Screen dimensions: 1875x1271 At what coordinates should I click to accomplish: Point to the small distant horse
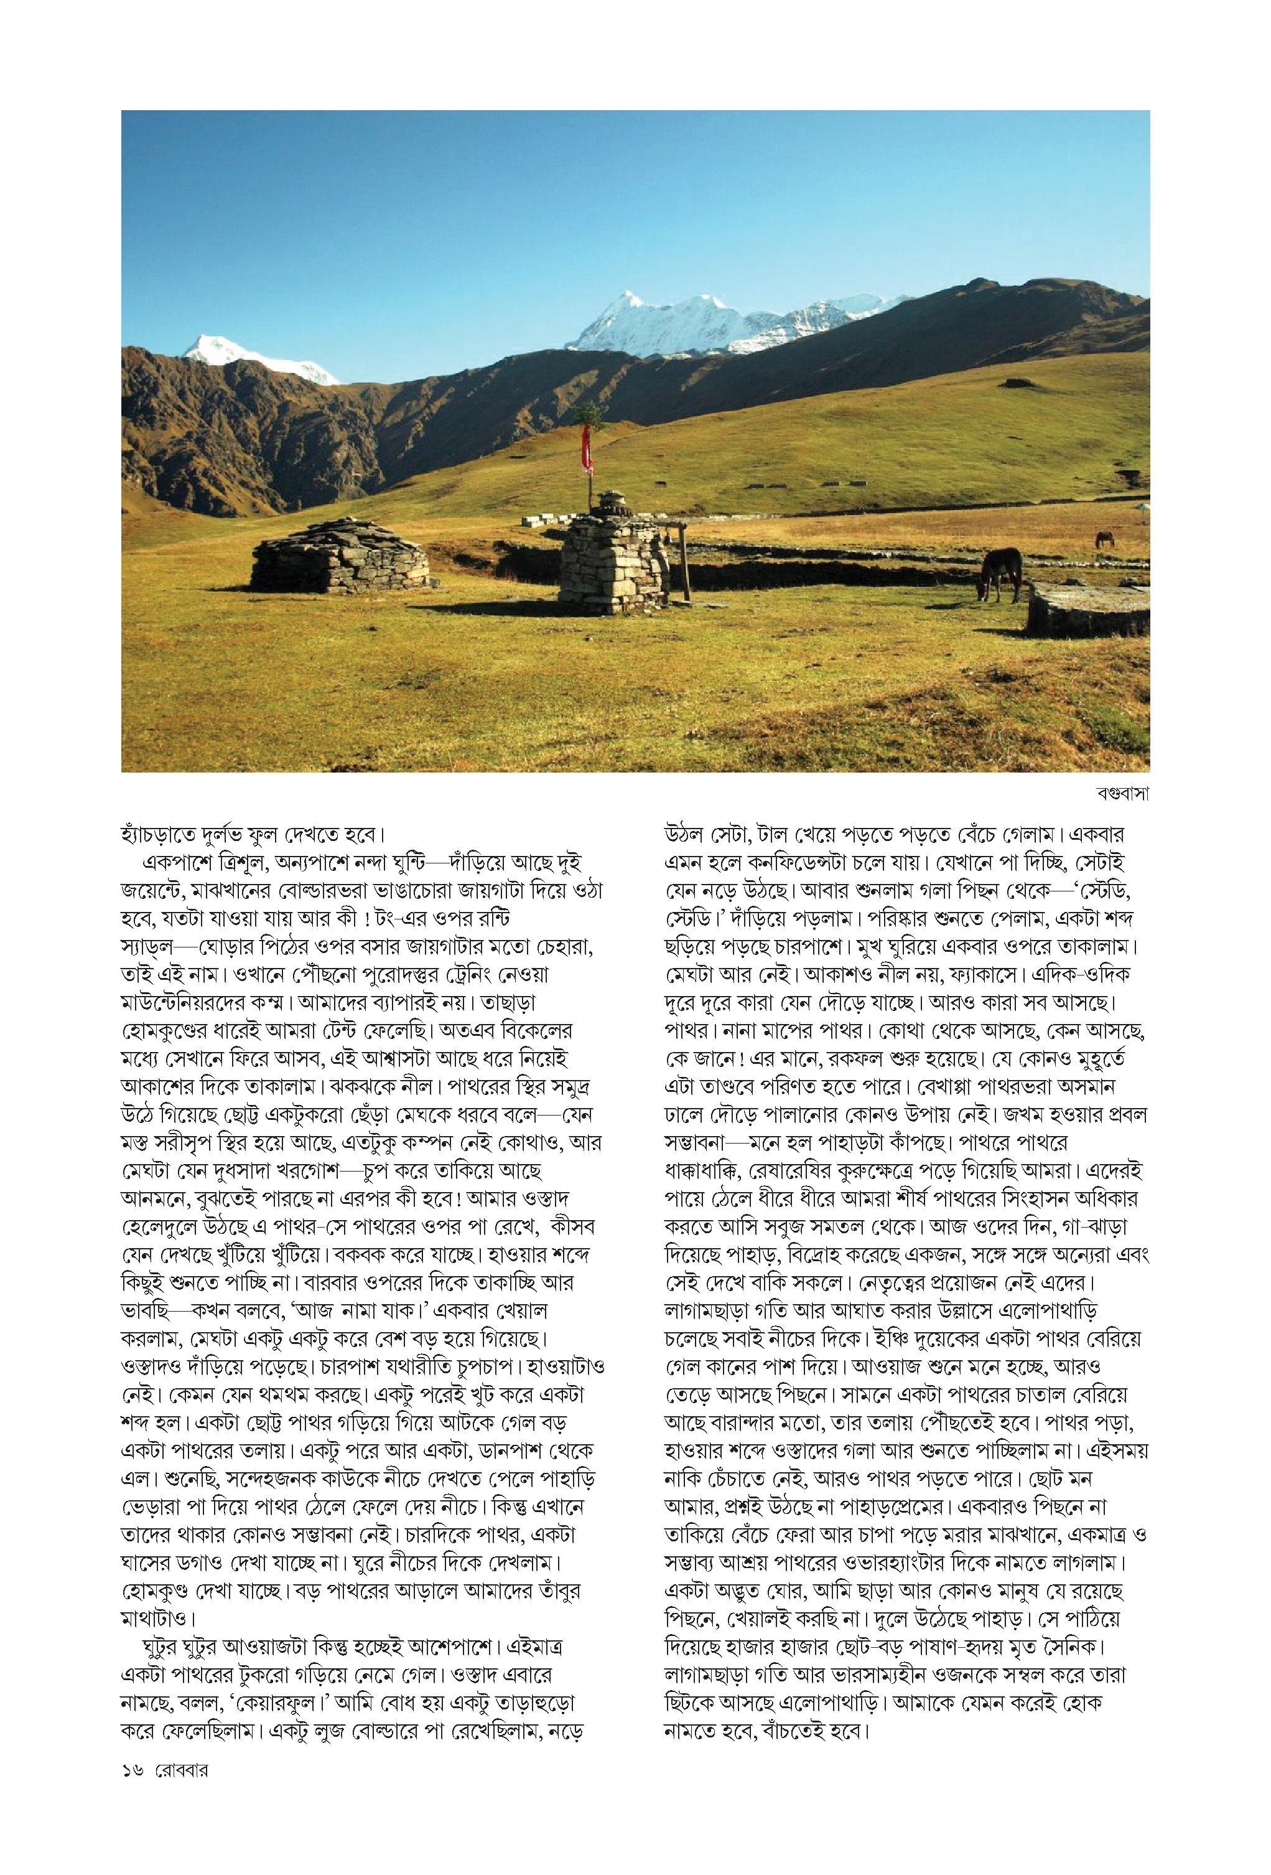coord(1102,538)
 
